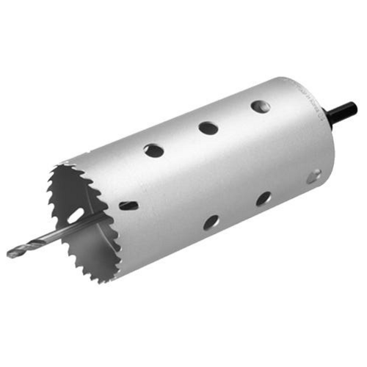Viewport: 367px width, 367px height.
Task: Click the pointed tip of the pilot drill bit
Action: (9, 255)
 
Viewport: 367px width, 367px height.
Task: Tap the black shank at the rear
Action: (344, 112)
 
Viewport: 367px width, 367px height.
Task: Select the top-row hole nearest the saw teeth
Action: (153, 150)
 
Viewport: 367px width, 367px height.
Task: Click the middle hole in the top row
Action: (208, 128)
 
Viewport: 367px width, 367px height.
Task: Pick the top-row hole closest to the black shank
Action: (260, 106)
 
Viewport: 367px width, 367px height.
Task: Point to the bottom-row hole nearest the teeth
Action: (211, 222)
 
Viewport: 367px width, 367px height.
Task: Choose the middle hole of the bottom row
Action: (263, 199)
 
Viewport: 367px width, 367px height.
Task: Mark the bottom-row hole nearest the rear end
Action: (313, 176)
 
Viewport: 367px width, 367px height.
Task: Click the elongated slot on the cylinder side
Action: (128, 206)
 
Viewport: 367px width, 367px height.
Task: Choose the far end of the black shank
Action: (355, 108)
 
